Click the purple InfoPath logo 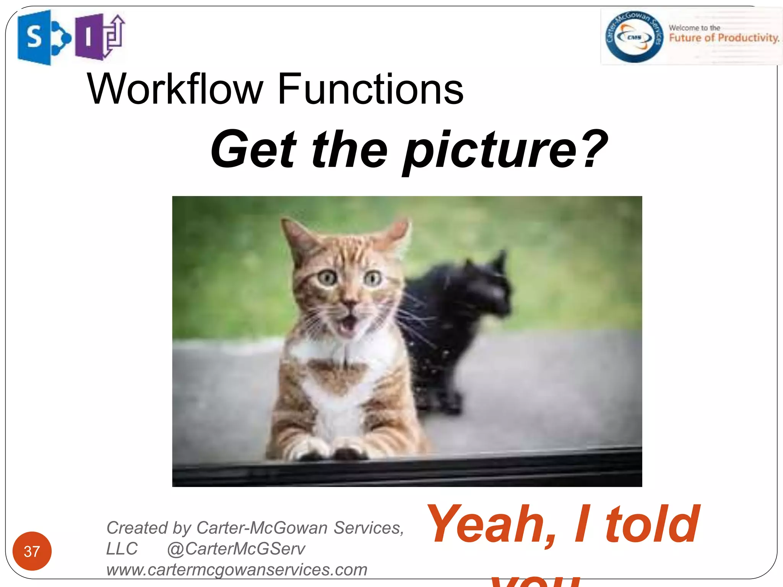coord(99,37)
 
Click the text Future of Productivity coord(724,38)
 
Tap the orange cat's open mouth coord(348,325)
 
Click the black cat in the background coord(459,325)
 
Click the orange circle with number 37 coord(32,551)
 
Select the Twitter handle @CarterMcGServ coord(236,549)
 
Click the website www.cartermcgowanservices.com coord(237,569)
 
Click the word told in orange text coord(652,524)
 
